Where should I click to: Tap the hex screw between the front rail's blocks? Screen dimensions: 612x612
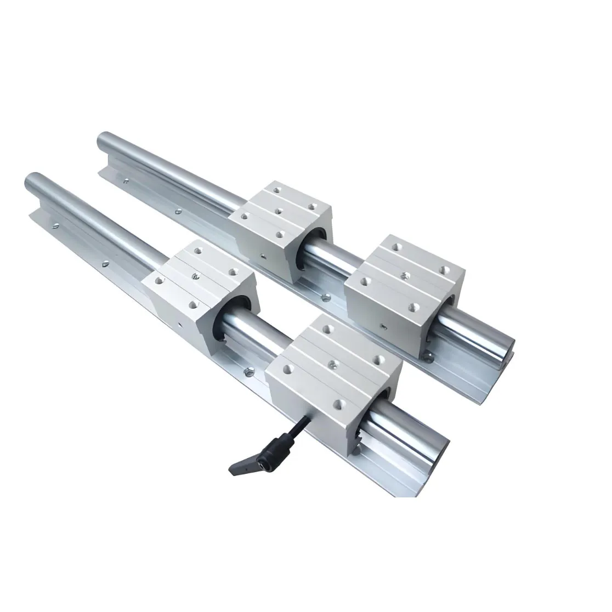[248, 372]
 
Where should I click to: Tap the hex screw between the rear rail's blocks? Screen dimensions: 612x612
[327, 298]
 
